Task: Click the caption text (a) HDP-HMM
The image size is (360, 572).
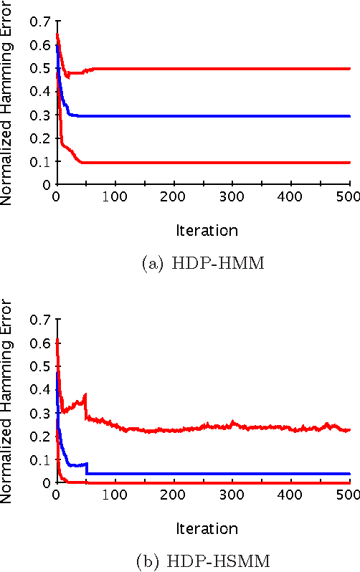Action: pos(203,264)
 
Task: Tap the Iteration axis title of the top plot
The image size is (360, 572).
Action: pos(207,230)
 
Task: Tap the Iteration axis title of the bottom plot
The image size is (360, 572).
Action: pos(207,528)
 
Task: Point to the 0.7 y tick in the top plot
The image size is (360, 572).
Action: pos(39,22)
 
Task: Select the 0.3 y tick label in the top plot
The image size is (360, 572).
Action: pos(39,115)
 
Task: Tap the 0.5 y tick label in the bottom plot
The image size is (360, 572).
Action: pos(39,366)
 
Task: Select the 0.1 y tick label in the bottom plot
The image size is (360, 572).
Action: pos(39,459)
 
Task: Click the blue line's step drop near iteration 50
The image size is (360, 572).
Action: pos(87,469)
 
